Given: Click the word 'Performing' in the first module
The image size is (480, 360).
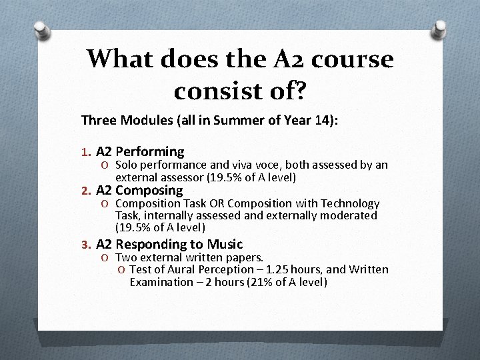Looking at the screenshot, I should pyautogui.click(x=150, y=152).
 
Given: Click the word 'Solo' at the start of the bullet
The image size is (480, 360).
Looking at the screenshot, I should pyautogui.click(x=127, y=165).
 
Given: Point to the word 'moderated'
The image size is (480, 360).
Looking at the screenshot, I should pyautogui.click(x=348, y=215).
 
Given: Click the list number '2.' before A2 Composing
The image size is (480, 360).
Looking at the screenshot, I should pyautogui.click(x=85, y=191).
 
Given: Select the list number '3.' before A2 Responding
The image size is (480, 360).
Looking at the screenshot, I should pyautogui.click(x=85, y=245).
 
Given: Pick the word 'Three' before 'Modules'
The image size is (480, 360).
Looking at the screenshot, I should pyautogui.click(x=98, y=120).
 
